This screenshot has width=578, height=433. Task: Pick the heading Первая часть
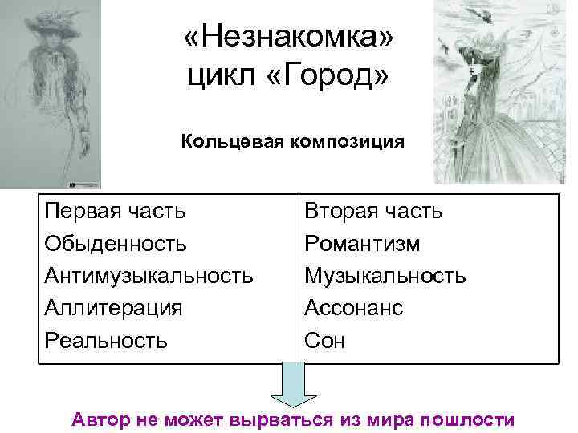[116, 211]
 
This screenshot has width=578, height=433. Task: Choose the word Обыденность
[116, 243]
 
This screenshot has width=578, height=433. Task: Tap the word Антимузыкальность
[149, 276]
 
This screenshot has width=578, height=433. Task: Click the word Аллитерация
[114, 308]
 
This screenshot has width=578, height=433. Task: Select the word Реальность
[106, 340]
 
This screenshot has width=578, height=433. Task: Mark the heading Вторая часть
[373, 211]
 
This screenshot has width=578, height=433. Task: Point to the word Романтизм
[362, 243]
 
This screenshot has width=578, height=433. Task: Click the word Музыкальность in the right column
[385, 276]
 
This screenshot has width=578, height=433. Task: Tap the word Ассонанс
[353, 308]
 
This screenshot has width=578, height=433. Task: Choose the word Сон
[324, 340]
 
